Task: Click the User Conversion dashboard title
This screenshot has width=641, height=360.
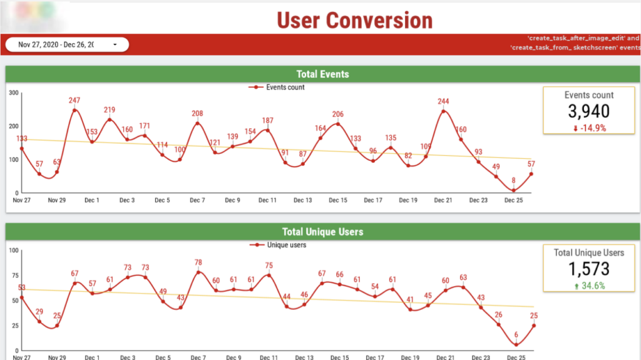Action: [354, 20]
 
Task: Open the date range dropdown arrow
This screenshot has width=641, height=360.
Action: [115, 45]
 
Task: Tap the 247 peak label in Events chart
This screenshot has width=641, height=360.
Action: [74, 100]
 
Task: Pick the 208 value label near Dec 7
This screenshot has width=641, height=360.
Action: [197, 113]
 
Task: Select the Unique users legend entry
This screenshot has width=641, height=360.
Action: [278, 245]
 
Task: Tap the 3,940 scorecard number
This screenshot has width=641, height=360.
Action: [588, 111]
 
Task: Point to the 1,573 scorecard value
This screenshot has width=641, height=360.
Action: [588, 269]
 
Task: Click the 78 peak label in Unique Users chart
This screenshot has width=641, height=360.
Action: [198, 262]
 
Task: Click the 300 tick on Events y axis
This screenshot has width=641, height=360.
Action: [13, 93]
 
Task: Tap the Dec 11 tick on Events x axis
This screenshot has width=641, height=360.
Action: [268, 200]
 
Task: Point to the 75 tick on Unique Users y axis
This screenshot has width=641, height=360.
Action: [13, 275]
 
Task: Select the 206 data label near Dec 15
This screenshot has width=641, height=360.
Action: [338, 114]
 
